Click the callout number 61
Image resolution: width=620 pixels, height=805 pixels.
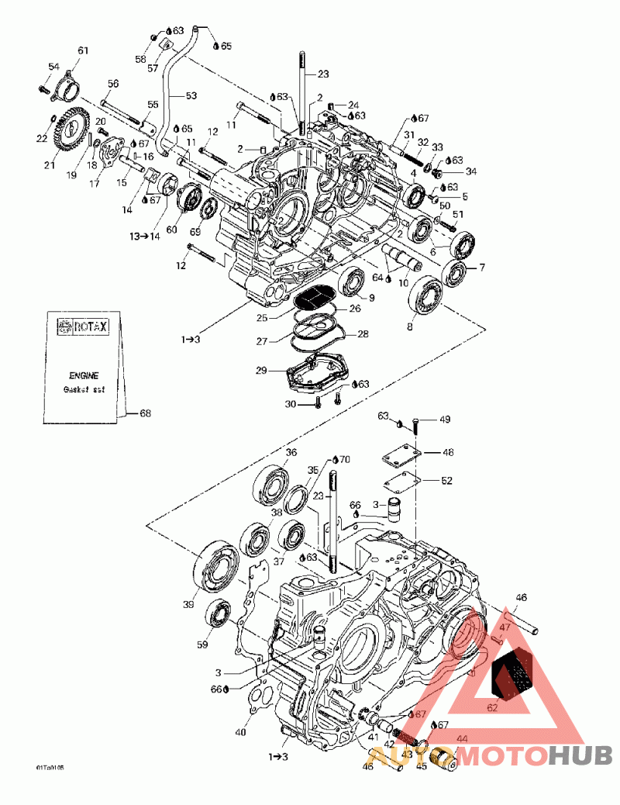pos(83,51)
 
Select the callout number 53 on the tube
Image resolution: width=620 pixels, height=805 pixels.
pos(189,97)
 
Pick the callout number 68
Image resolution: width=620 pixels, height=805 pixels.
pos(145,413)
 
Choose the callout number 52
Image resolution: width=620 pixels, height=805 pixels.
pos(446,481)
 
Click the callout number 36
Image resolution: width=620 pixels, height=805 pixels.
pos(291,453)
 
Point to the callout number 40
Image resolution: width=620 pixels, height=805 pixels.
pos(240,731)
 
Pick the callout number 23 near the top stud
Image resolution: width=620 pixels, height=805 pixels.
pos(323,74)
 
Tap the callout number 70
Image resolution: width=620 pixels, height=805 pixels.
pos(345,459)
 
